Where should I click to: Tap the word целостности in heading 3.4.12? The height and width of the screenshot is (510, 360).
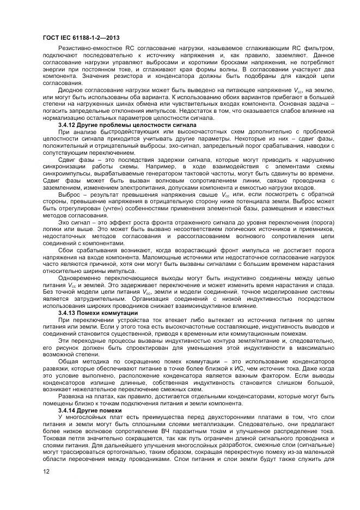pos(142,125)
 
